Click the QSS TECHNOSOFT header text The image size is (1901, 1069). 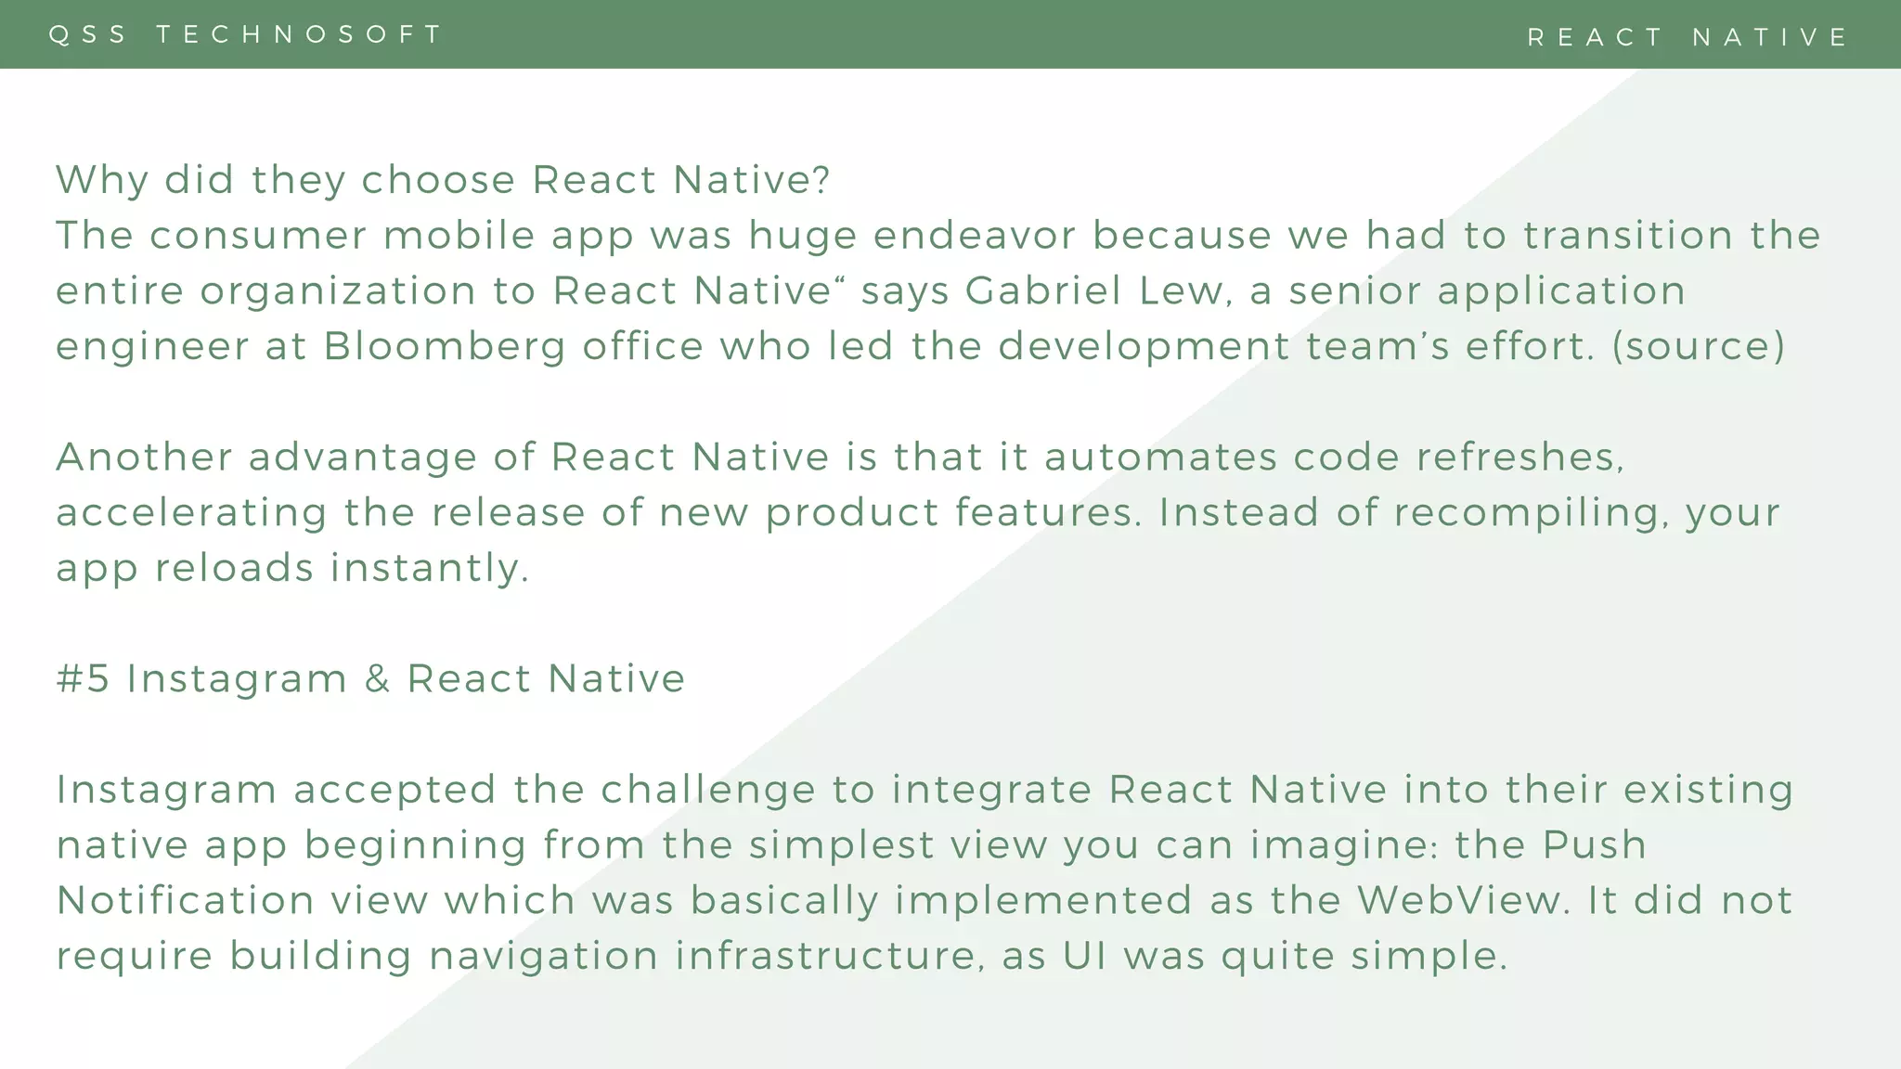pyautogui.click(x=246, y=34)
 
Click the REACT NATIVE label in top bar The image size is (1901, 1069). pyautogui.click(x=1688, y=37)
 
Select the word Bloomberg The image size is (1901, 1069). pyautogui.click(x=445, y=347)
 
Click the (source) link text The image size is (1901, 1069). pyautogui.click(x=1698, y=347)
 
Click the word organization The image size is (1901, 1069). pyautogui.click(x=337, y=291)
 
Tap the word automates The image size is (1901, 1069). pyautogui.click(x=1160, y=457)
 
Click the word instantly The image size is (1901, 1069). pyautogui.click(x=430, y=568)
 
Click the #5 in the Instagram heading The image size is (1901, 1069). pyautogui.click(x=83, y=678)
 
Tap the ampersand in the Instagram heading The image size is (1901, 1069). pyautogui.click(x=377, y=678)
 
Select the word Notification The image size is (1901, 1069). pyautogui.click(x=186, y=901)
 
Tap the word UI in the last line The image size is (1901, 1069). pyautogui.click(x=1085, y=957)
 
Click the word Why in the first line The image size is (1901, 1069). pyautogui.click(x=102, y=180)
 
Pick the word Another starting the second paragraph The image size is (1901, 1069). pyautogui.click(x=145, y=457)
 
